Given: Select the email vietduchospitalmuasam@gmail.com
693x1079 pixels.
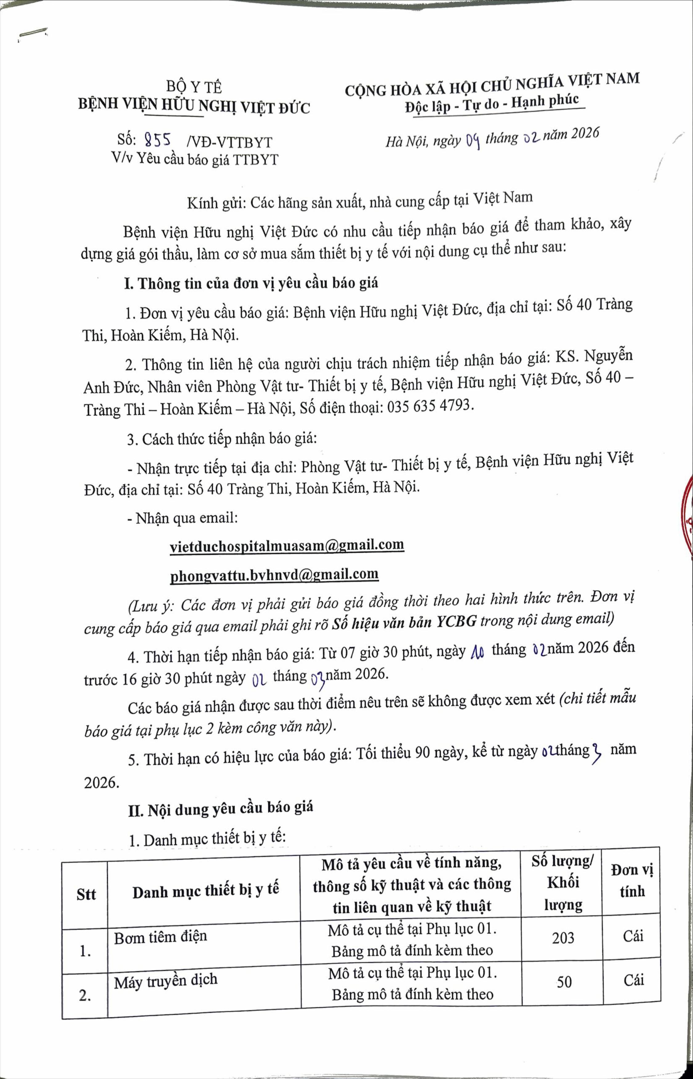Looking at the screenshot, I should point(287,545).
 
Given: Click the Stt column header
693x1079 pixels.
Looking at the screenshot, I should point(86,894).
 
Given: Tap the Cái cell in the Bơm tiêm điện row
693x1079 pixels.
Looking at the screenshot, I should point(633,936).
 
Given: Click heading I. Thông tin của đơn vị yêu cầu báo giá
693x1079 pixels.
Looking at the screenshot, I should point(251,283).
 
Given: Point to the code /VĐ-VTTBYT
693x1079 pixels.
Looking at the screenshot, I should point(229,142).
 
